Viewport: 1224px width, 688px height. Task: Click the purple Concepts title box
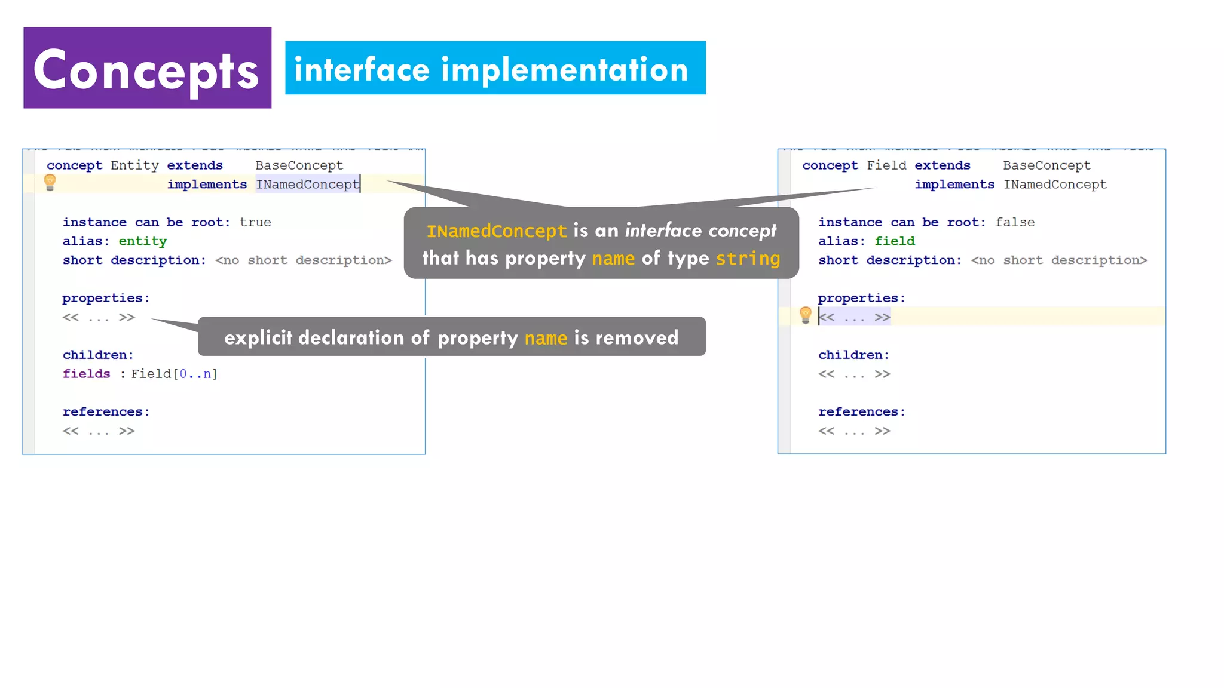click(147, 67)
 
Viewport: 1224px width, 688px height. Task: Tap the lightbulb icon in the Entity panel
click(50, 182)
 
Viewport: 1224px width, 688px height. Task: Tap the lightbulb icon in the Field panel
click(805, 315)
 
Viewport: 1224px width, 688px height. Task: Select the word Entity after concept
click(134, 165)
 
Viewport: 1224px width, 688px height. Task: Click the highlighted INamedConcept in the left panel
click(307, 185)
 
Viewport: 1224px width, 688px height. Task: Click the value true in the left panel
click(255, 222)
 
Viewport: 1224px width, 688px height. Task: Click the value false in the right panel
click(1015, 222)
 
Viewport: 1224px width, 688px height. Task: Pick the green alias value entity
click(143, 241)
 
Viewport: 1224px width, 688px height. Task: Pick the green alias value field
click(895, 241)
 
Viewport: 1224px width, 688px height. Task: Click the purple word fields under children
click(87, 374)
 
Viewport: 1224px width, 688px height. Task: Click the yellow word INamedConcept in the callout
click(496, 231)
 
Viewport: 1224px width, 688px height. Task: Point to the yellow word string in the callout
click(748, 259)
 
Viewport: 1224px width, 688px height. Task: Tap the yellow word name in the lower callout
click(546, 338)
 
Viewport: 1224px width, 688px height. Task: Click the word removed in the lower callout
click(637, 338)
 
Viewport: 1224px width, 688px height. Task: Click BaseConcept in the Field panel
click(1046, 165)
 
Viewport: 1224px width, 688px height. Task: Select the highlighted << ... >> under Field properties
click(855, 317)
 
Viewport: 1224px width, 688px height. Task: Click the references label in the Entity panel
click(106, 412)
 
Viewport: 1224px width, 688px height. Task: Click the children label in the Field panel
click(853, 355)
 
